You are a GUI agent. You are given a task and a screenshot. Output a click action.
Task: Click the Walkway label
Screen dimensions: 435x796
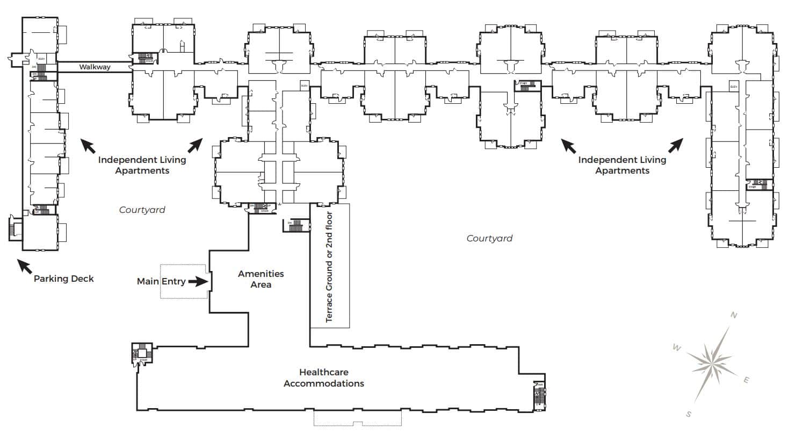95,67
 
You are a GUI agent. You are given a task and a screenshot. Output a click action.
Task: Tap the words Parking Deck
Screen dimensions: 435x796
63,279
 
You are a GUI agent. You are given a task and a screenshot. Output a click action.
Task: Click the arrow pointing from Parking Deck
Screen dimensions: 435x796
25,266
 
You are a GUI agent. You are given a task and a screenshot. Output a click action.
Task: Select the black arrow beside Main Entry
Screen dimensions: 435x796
198,281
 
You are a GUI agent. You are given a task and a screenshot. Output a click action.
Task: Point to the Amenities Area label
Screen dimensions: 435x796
260,279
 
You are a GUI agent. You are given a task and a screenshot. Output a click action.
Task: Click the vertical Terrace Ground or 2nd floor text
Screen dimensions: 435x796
329,267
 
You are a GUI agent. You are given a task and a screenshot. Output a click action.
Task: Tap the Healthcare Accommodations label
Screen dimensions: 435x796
324,377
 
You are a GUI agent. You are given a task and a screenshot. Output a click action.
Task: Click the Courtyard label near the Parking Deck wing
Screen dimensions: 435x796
142,210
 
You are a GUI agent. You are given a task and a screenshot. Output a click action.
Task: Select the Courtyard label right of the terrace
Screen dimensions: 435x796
489,238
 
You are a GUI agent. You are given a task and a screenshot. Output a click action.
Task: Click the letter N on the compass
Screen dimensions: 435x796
734,316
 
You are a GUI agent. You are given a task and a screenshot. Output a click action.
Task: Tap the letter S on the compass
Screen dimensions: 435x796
689,413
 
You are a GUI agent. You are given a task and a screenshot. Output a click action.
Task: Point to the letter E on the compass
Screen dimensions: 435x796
746,381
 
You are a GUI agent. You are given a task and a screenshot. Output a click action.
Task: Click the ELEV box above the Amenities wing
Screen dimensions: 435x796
304,85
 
